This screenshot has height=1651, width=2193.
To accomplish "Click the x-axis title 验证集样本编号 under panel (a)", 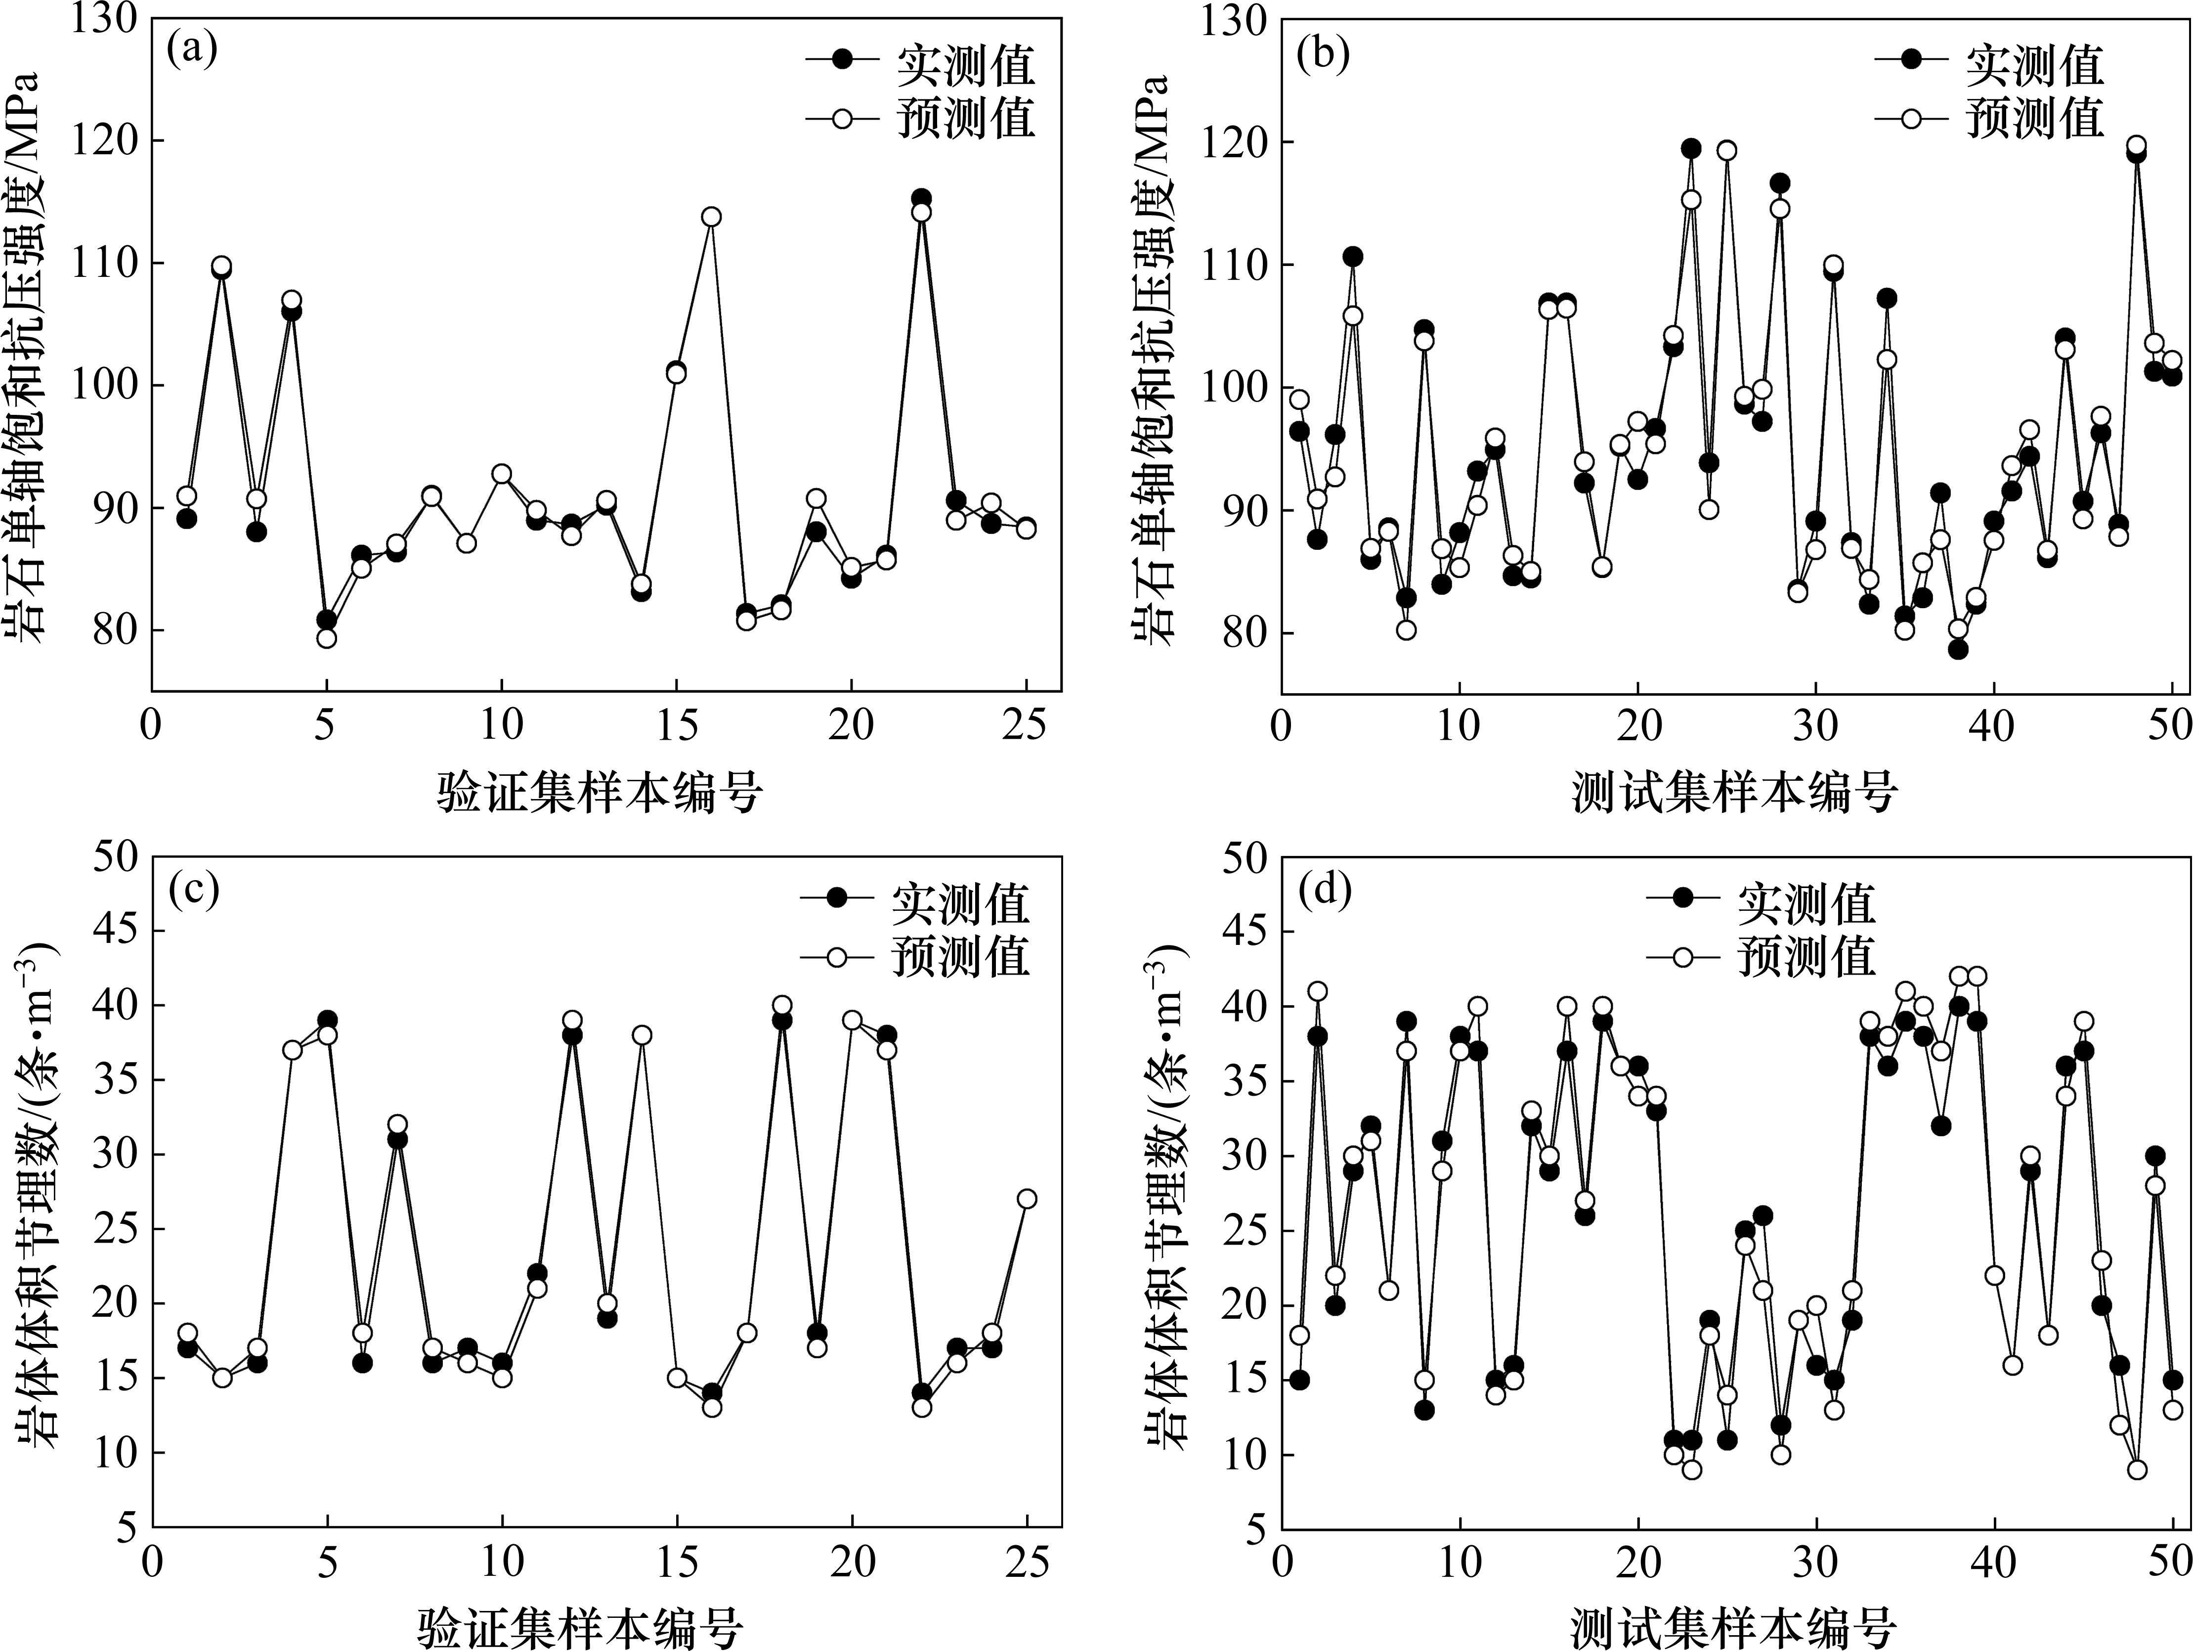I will pos(600,793).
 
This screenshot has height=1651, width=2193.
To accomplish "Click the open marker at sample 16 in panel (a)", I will pos(711,216).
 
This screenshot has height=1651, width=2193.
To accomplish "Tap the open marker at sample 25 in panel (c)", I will pos(1027,1199).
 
